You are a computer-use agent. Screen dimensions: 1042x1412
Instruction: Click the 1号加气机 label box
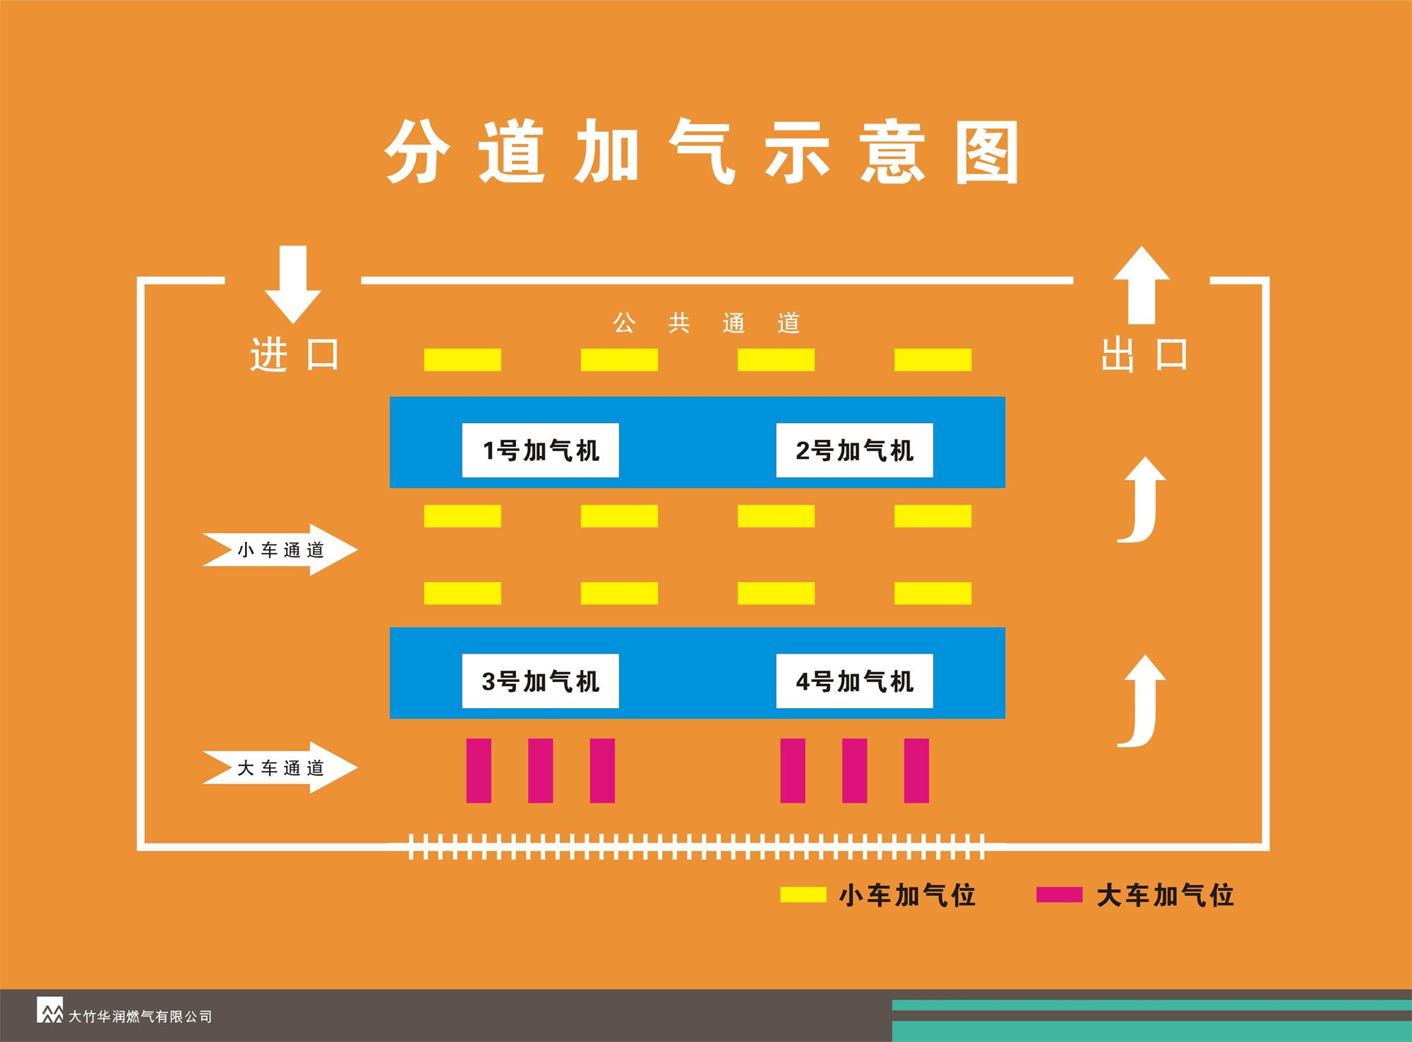tap(540, 450)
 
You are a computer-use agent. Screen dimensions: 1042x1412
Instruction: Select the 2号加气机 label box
tap(854, 450)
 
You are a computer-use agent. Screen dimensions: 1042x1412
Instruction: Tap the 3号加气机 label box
tap(540, 681)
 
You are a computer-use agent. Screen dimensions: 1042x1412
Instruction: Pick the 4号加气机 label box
tap(854, 681)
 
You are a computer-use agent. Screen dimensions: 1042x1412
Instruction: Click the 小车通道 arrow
tap(280, 550)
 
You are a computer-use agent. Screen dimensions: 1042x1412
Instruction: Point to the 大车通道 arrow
tap(280, 767)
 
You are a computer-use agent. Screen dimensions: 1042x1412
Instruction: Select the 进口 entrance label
tap(294, 354)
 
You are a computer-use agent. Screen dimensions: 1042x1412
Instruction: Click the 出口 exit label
tap(1144, 354)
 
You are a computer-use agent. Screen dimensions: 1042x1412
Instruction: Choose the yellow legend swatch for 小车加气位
tap(803, 895)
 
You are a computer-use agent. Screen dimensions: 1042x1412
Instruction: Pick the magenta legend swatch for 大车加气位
tap(1059, 895)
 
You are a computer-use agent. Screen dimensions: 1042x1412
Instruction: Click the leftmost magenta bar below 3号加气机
tap(479, 770)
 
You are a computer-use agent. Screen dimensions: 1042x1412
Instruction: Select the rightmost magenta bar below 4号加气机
tap(916, 770)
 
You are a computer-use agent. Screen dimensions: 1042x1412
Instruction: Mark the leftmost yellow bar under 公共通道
tap(462, 360)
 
